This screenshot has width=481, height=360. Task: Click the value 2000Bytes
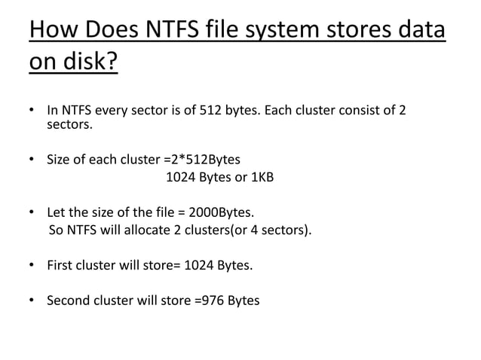click(225, 211)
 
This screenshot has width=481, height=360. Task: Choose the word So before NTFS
click(55, 230)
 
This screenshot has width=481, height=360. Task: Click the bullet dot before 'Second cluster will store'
click(32, 301)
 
